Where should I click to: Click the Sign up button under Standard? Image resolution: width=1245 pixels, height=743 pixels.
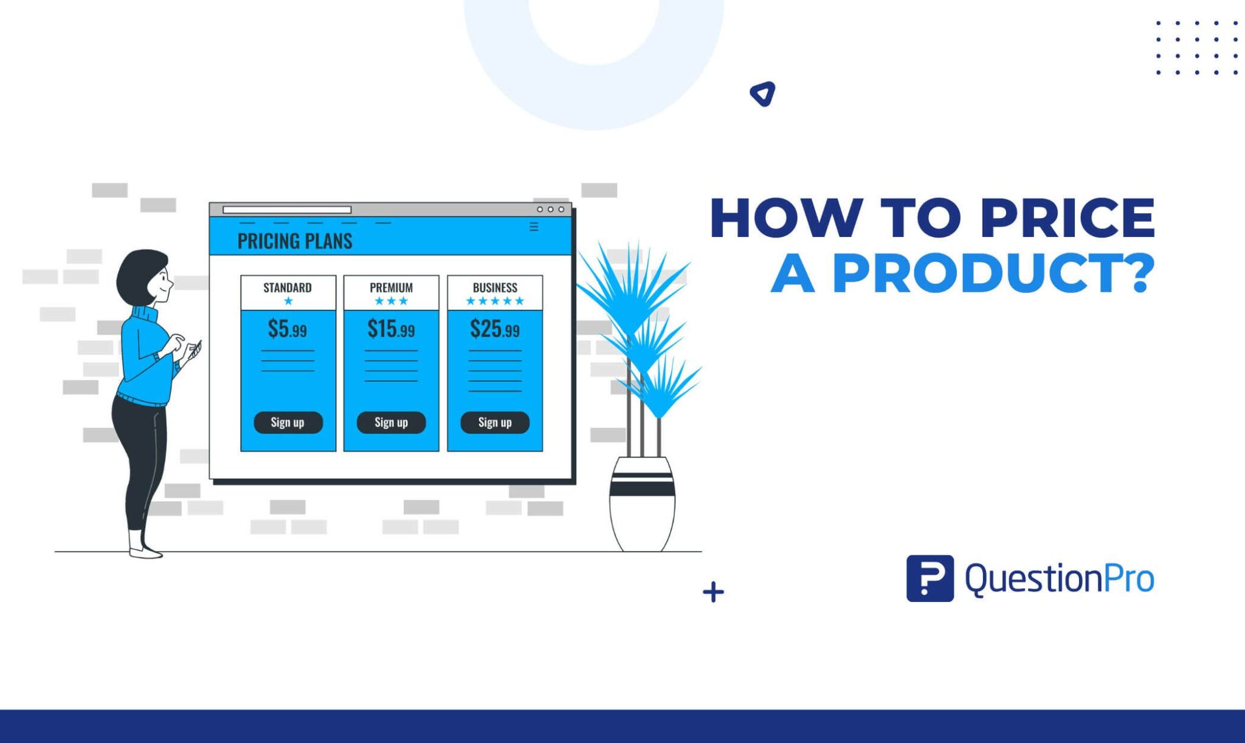[x=288, y=422]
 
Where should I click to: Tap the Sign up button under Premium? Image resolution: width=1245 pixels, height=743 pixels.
[x=391, y=422]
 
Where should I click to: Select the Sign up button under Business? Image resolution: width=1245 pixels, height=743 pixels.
[x=495, y=422]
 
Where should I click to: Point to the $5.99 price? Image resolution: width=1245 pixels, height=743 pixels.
[x=288, y=329]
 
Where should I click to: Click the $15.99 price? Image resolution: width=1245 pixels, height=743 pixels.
[x=391, y=329]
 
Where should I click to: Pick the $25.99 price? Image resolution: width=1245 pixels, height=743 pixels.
[x=495, y=329]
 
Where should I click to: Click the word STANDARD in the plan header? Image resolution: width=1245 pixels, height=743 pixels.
[x=288, y=287]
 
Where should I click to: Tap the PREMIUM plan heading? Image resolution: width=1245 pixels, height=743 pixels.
[x=391, y=287]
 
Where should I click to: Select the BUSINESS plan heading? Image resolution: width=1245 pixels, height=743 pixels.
[x=495, y=287]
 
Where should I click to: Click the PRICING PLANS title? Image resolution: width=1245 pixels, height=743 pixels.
[x=295, y=241]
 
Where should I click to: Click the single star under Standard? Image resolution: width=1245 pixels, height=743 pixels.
[x=288, y=301]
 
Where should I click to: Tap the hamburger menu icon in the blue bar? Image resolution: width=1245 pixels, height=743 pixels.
[x=534, y=227]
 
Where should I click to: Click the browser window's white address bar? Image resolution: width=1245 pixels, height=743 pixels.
[x=287, y=210]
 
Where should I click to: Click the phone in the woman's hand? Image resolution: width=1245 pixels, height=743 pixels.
[x=195, y=351]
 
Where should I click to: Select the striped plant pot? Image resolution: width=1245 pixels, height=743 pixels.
[x=643, y=504]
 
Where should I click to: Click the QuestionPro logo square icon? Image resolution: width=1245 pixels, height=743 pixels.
[x=930, y=578]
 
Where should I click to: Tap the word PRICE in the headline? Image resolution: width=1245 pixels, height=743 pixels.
[x=1067, y=217]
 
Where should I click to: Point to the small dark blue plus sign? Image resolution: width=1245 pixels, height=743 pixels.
[x=713, y=592]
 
